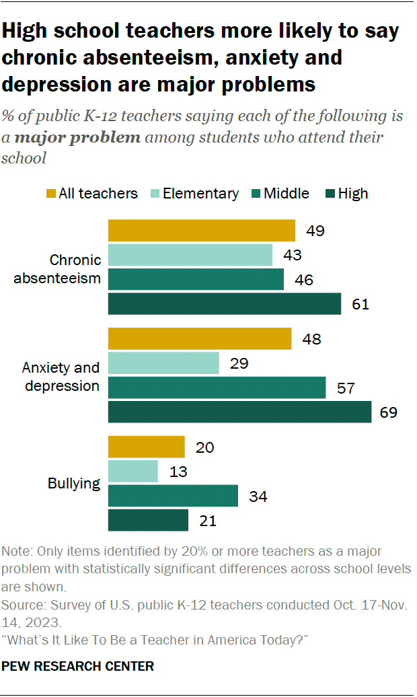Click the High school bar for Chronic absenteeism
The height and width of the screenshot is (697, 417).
coord(225,304)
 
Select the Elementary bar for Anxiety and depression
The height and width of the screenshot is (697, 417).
coord(163,363)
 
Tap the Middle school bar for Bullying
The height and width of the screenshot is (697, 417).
coord(173,497)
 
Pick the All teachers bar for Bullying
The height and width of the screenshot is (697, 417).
coord(146,447)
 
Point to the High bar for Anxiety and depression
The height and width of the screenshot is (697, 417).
coord(239,412)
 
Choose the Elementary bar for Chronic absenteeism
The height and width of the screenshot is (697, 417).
coord(190,255)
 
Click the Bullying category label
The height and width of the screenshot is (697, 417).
coord(74,483)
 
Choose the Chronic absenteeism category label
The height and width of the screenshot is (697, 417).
coord(58,268)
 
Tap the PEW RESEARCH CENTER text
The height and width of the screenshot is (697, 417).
coord(78,666)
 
